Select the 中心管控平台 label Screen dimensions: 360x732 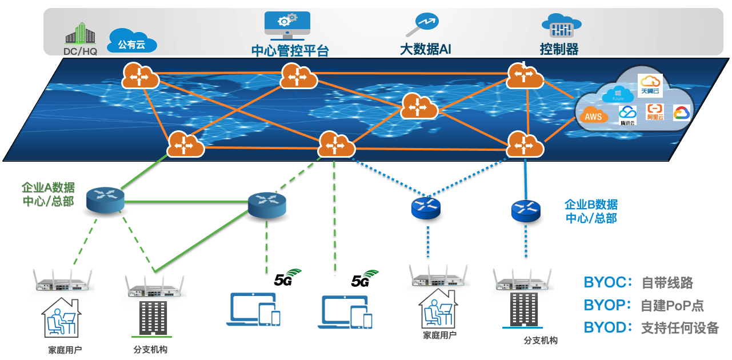[x=290, y=50]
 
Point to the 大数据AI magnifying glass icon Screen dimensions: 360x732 [x=422, y=25]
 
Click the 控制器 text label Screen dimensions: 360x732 [x=559, y=49]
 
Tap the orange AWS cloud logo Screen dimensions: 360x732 [x=594, y=117]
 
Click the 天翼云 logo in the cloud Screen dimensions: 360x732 [x=650, y=85]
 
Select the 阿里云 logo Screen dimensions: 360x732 [x=655, y=111]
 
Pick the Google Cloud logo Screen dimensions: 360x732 [x=681, y=113]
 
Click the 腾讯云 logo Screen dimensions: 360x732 [x=627, y=115]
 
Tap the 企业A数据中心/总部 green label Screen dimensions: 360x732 [x=48, y=194]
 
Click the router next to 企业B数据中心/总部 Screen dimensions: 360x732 [x=525, y=210]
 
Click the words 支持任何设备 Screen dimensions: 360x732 [x=679, y=328]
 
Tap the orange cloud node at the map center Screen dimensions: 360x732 [x=419, y=106]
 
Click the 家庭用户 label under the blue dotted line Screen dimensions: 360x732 [x=439, y=335]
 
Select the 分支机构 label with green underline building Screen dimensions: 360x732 [x=150, y=349]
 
